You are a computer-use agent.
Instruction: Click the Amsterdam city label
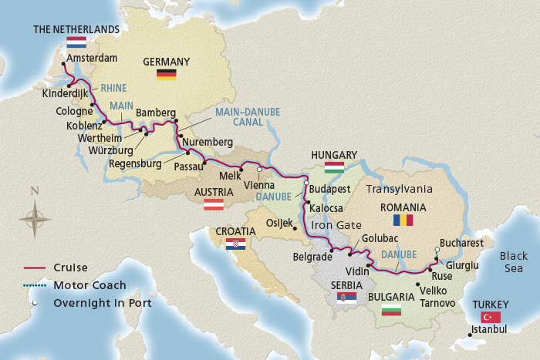coord(91,58)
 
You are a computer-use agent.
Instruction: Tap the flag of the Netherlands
coord(76,43)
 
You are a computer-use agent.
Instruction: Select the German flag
coord(166,74)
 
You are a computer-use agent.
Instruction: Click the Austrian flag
coord(213,205)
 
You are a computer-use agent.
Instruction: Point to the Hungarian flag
coord(334,167)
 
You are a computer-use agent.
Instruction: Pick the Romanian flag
coord(403,220)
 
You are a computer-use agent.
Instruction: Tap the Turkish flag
coord(490,317)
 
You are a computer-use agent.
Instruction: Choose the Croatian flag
coord(235,244)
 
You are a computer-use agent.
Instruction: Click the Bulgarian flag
coord(392,310)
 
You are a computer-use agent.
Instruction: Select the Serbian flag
coord(346,298)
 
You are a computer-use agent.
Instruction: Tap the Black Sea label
coord(513,262)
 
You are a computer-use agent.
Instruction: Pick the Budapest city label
coord(329,189)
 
